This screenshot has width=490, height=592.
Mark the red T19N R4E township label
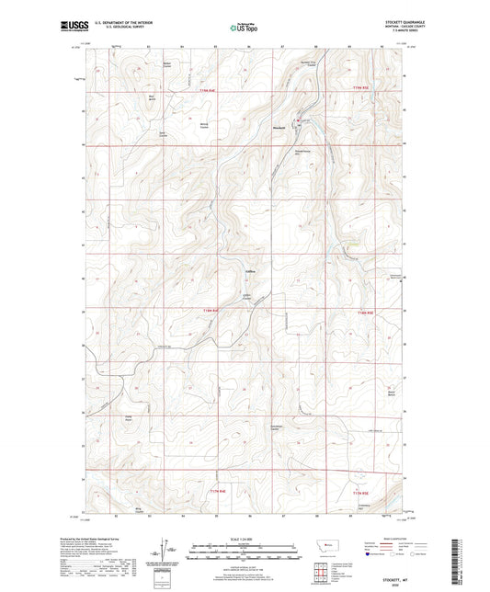(x=210, y=91)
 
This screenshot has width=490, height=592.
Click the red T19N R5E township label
(x=364, y=88)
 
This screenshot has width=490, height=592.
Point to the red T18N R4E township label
(x=211, y=314)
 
